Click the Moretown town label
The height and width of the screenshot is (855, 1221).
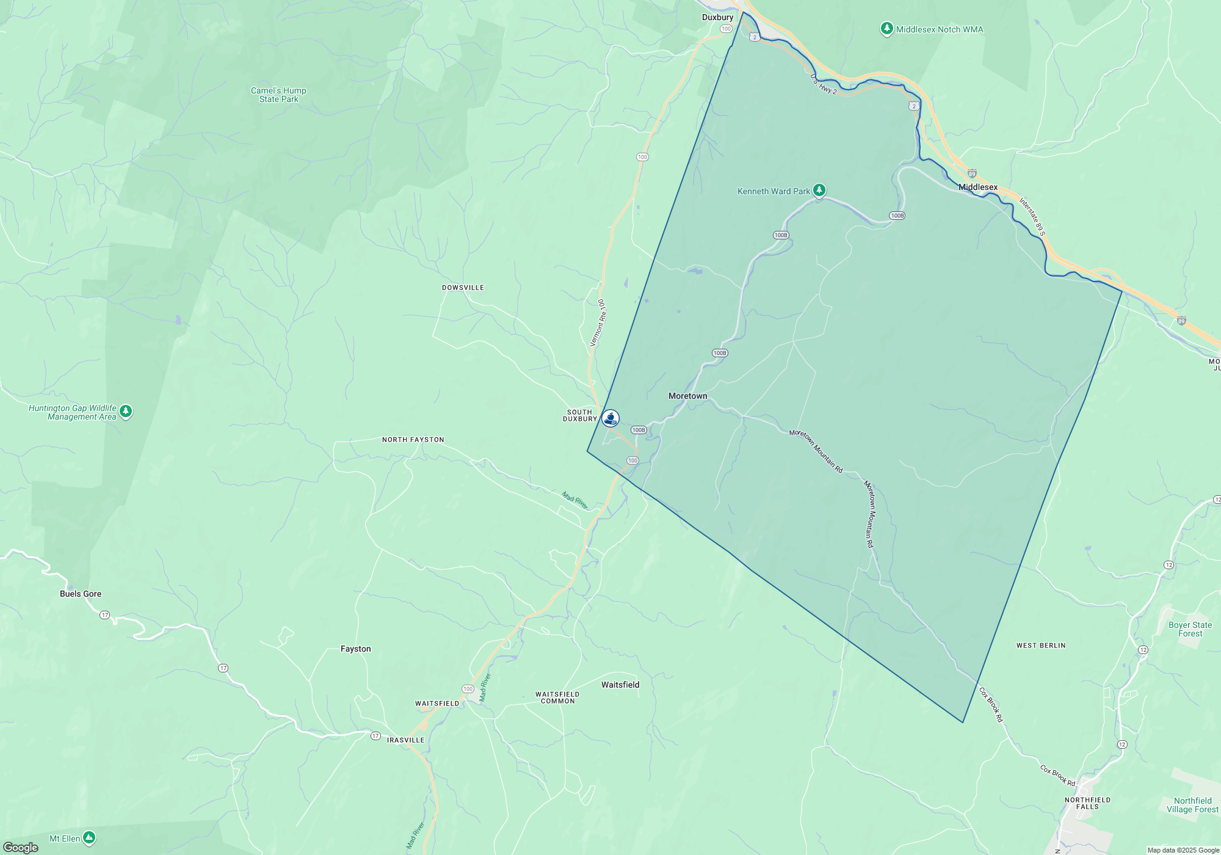[687, 396]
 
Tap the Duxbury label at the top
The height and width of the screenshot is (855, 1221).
[717, 17]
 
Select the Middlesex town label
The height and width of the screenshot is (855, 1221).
[978, 187]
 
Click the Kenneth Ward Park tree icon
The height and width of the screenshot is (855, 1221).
[819, 190]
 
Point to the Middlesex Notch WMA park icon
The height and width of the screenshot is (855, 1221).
[886, 29]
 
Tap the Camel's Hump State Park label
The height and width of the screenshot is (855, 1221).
[278, 95]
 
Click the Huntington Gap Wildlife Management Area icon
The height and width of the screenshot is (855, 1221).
[126, 411]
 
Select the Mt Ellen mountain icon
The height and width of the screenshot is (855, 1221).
[89, 837]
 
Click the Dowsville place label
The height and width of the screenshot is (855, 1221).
[463, 288]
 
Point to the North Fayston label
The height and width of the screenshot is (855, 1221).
[413, 440]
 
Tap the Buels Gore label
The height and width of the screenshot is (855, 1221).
[81, 594]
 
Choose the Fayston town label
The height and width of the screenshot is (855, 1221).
[356, 649]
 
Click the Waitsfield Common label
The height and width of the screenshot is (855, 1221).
[557, 697]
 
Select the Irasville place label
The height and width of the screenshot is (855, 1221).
[405, 740]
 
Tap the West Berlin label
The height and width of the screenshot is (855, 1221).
[1041, 646]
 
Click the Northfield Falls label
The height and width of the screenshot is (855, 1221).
[1087, 803]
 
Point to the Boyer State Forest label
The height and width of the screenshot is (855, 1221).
[1190, 629]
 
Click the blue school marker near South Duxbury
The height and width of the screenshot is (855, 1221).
[610, 418]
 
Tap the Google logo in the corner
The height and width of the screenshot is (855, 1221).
[21, 847]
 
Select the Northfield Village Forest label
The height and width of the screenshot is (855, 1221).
[1192, 805]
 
